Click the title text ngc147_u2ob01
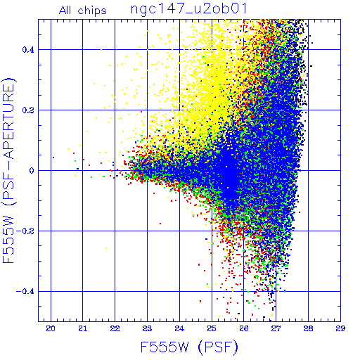(x=188, y=10)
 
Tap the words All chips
(x=83, y=11)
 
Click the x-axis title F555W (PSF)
(x=189, y=347)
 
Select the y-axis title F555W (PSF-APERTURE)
(x=8, y=170)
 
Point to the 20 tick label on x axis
(x=51, y=328)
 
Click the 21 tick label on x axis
(x=83, y=328)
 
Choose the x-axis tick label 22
(x=115, y=328)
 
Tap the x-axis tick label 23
(x=147, y=328)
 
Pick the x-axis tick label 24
(x=179, y=328)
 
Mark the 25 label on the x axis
(x=212, y=328)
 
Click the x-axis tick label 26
(x=244, y=328)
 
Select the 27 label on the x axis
(x=276, y=328)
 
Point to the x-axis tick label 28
(x=308, y=328)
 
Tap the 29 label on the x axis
(x=340, y=328)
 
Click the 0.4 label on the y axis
(x=28, y=50)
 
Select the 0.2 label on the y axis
(x=28, y=110)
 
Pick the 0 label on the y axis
(x=32, y=170)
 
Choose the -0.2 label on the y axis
(x=25, y=231)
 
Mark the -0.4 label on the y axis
(x=25, y=292)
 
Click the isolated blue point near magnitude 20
(x=53, y=157)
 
